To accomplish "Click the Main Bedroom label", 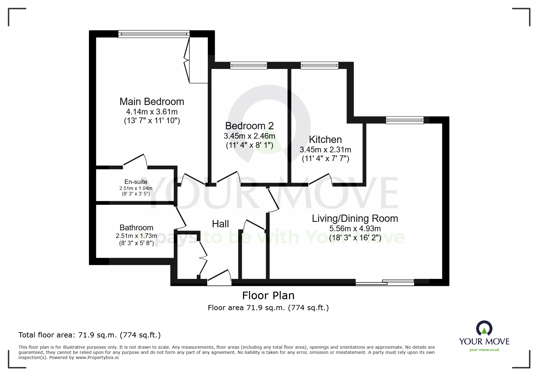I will point(152,102).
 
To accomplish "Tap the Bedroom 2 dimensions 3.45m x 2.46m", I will point(249,136).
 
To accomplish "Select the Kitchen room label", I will point(325,140).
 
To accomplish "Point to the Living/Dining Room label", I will point(355,218).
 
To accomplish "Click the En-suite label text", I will point(136,182).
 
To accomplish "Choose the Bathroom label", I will point(136,228).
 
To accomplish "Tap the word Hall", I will point(220,224).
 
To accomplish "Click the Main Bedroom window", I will point(154,34).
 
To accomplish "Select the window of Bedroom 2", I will point(248,65).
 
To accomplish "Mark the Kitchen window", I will point(319,65).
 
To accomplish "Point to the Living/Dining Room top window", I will point(404,120).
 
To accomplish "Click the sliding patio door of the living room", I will point(385,283).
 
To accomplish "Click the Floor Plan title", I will point(268,296).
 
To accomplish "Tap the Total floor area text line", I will point(90,335).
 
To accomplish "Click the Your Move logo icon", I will point(484,329).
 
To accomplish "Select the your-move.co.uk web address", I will point(484,350).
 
